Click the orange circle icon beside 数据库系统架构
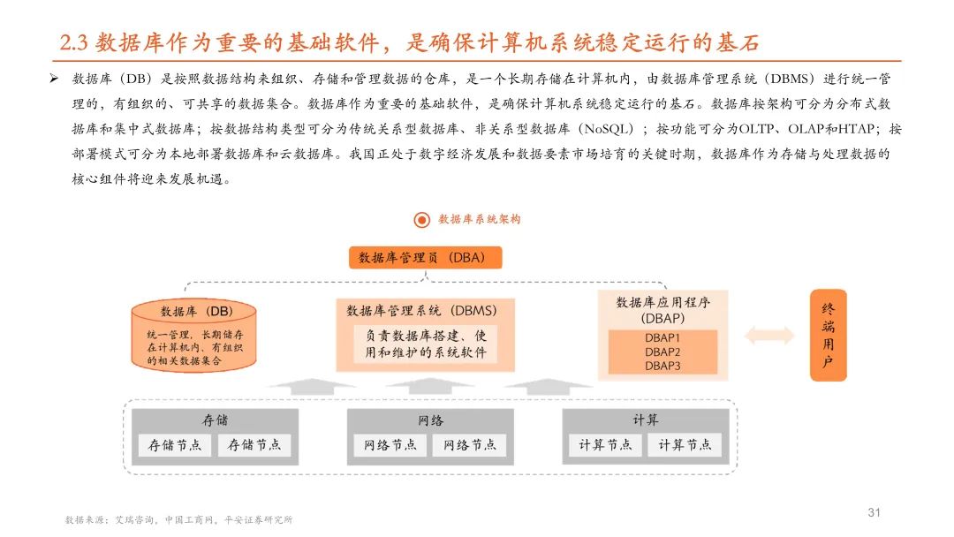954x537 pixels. click(421, 219)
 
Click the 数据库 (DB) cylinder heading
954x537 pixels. click(195, 312)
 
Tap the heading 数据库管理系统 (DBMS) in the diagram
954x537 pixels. click(421, 311)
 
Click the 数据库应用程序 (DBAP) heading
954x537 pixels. click(662, 309)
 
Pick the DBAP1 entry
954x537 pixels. click(662, 337)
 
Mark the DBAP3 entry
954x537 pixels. click(662, 365)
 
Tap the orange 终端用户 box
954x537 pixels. click(828, 336)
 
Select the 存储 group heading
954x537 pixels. click(215, 420)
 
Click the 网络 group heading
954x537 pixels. click(430, 420)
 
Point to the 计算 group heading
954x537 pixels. click(646, 420)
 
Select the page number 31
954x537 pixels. click(875, 512)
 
